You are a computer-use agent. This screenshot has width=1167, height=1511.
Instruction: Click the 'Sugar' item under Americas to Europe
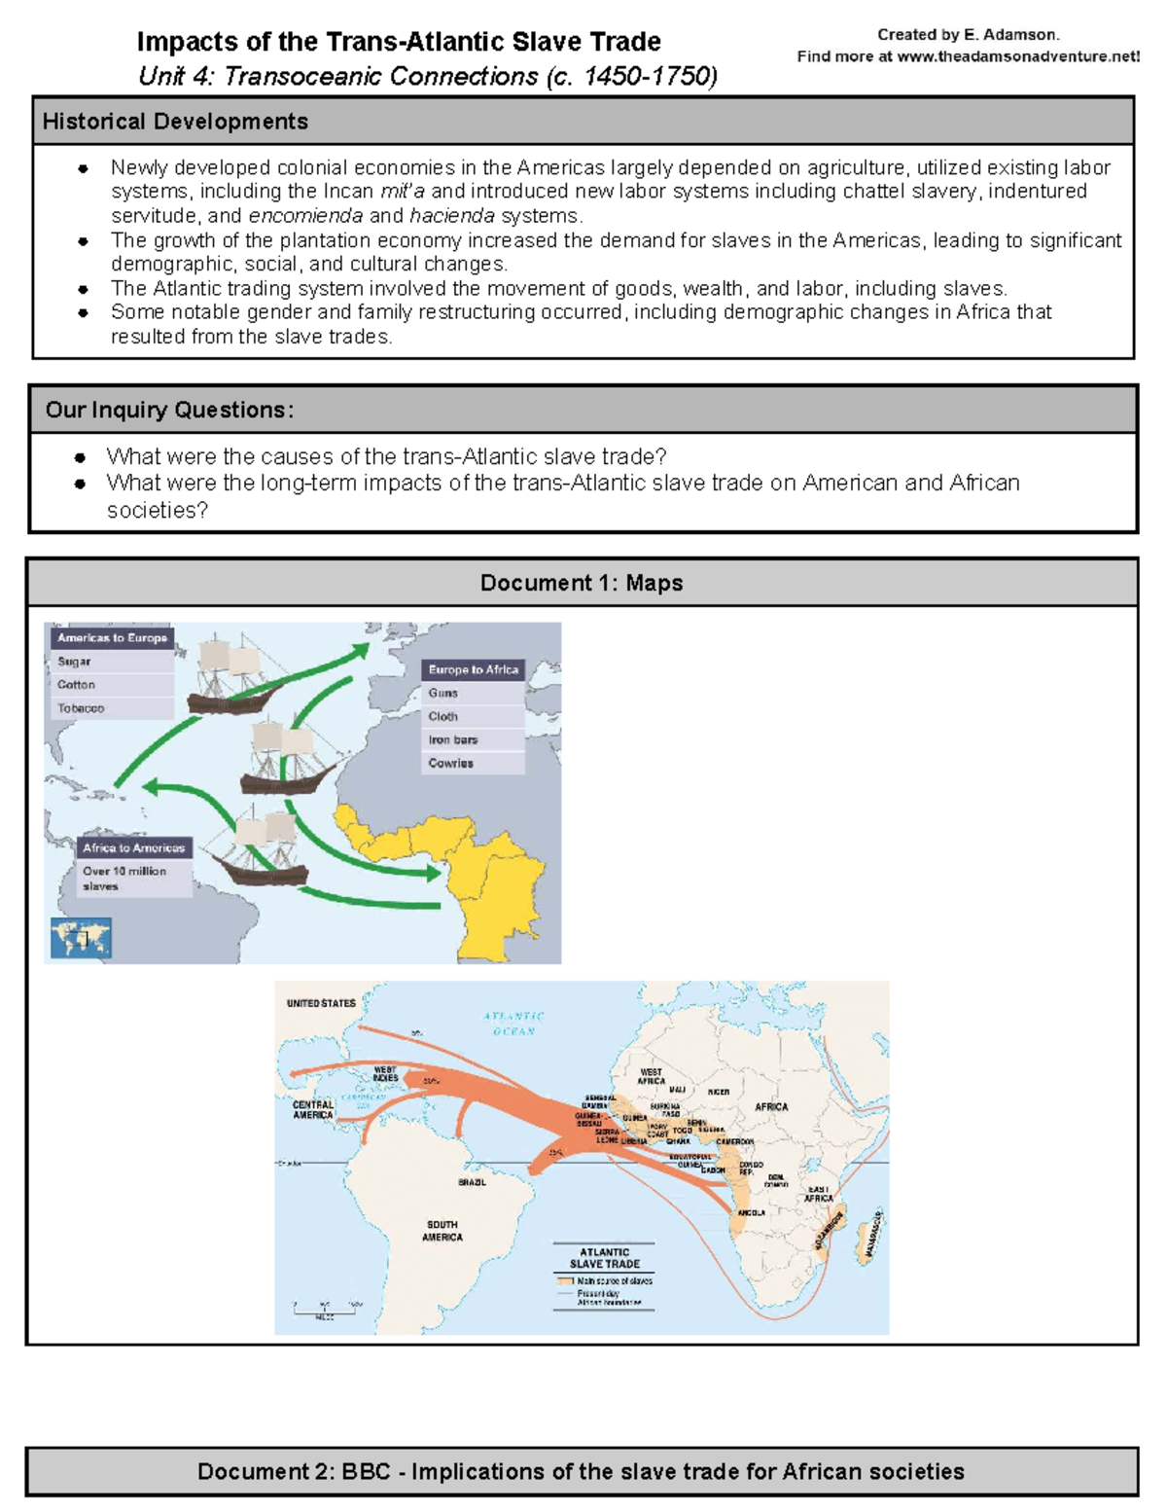click(x=75, y=662)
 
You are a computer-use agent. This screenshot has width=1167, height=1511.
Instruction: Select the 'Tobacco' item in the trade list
click(x=81, y=708)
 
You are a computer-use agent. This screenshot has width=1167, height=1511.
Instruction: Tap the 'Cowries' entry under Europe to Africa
click(x=451, y=764)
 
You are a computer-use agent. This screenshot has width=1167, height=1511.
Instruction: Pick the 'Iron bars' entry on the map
click(x=453, y=740)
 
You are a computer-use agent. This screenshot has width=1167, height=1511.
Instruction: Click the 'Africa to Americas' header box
click(x=133, y=848)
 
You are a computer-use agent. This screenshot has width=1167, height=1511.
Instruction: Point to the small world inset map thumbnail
click(x=81, y=939)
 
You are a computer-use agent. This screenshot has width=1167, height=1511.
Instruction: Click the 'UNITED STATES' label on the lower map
click(x=321, y=1003)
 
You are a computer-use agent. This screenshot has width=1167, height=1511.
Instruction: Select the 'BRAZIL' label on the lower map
click(x=472, y=1182)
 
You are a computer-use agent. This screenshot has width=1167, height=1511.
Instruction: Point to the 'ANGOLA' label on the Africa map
click(x=752, y=1213)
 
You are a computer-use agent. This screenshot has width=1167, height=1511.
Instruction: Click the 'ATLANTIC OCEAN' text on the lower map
click(x=513, y=1024)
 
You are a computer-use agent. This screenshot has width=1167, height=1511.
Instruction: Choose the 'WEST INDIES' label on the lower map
click(x=385, y=1074)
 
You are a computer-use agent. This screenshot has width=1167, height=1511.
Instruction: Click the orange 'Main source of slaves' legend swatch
click(x=565, y=1281)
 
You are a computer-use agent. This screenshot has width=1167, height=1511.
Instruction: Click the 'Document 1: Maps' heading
click(x=582, y=583)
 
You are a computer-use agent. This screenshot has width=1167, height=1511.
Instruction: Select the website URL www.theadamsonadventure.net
click(x=1017, y=56)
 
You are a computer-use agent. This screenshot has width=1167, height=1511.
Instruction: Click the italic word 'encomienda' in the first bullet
click(x=305, y=216)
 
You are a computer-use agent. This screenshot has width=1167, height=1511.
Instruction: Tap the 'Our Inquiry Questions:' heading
click(x=169, y=410)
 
